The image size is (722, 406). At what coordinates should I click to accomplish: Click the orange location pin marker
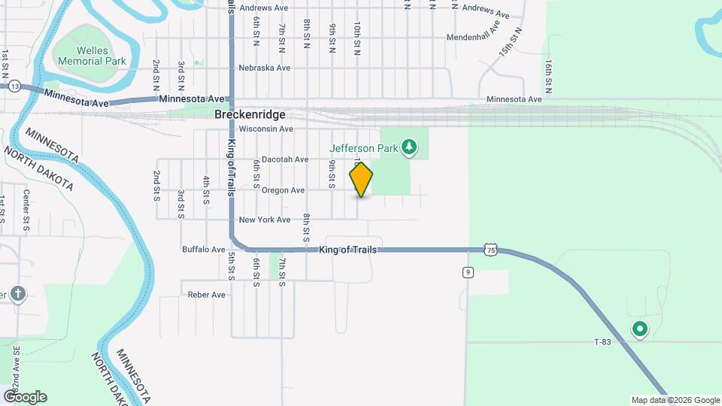361,180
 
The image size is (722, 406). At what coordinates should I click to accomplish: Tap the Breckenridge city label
250,115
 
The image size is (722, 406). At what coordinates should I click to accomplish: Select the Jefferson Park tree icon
409,147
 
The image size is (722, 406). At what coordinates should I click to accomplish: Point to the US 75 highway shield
490,249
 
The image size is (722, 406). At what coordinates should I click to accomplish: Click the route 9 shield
468,272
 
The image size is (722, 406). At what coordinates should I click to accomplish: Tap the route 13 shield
15,86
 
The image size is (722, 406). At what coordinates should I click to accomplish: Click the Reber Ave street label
207,295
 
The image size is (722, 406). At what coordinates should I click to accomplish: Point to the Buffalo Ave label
204,250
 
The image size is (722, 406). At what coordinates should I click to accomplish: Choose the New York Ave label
264,220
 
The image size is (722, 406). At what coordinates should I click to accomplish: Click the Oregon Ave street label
283,190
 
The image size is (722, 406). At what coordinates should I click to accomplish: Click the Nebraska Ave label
264,68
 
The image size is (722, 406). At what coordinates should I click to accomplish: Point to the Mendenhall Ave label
473,36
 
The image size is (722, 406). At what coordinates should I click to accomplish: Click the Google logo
25,397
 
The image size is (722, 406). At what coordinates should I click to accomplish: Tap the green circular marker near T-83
640,329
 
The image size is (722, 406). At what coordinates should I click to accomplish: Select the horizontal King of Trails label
348,250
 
